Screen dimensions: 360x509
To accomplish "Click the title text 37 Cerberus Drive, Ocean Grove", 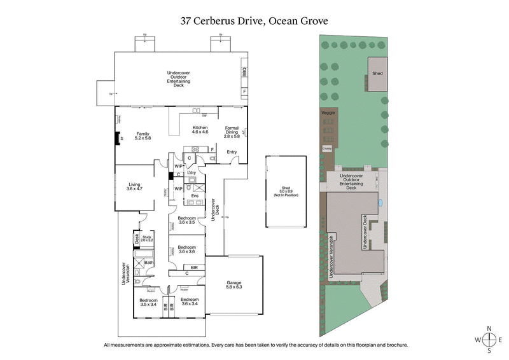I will coord(254,21).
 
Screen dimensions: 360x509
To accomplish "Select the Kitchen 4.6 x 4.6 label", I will coord(200,130).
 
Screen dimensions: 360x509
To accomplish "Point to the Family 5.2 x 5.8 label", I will coord(143,135).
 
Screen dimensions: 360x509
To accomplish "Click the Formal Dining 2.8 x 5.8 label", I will coord(231,133).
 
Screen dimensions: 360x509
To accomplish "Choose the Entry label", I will coord(231,152).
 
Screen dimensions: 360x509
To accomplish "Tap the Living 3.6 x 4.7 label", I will coord(134,187).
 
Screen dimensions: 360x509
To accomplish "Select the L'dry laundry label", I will coord(191,172).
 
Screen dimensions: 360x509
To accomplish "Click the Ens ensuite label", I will coord(195,196).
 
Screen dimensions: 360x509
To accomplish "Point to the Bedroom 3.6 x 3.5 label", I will coord(186,221).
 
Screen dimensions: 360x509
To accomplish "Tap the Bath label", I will coord(148,262).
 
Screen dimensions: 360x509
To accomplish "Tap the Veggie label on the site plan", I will coord(328,113).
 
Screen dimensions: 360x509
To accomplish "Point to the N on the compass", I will coord(489,329).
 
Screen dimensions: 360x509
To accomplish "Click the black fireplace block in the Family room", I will coord(116,139).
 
